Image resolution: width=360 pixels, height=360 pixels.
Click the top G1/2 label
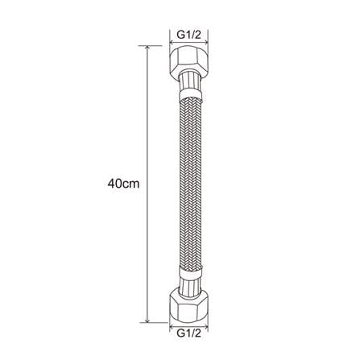189,35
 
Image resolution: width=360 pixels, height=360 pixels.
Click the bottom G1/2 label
189,333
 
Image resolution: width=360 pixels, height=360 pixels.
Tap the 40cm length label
123,184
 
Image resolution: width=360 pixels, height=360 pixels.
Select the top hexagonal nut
189,61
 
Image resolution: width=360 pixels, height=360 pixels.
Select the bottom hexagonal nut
189,303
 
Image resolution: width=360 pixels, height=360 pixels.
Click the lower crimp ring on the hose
189,271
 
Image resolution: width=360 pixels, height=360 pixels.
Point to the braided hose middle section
189,182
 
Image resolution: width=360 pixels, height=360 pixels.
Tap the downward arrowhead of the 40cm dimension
147,319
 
